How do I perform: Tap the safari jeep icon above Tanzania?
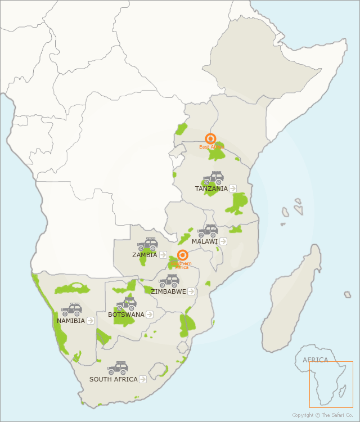(x=214, y=178)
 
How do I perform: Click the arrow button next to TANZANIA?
(x=233, y=188)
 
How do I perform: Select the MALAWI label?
(x=204, y=241)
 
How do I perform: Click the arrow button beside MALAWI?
(x=223, y=241)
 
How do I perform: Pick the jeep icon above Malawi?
(x=208, y=231)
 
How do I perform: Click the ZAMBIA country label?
(x=145, y=255)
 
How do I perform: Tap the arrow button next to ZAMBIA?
(x=163, y=255)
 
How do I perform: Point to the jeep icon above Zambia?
(x=148, y=244)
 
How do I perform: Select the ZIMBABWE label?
(x=168, y=291)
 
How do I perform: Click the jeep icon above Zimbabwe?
(x=169, y=281)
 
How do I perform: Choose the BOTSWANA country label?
(x=126, y=315)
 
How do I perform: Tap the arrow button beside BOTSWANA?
(x=150, y=315)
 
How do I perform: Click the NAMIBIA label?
(x=71, y=321)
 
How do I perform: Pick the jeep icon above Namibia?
(x=72, y=309)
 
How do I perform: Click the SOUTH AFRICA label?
(x=113, y=379)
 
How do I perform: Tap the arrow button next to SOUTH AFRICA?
(x=143, y=379)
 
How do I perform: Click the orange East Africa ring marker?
(x=210, y=138)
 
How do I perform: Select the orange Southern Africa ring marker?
(x=182, y=255)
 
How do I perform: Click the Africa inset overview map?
(x=331, y=384)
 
